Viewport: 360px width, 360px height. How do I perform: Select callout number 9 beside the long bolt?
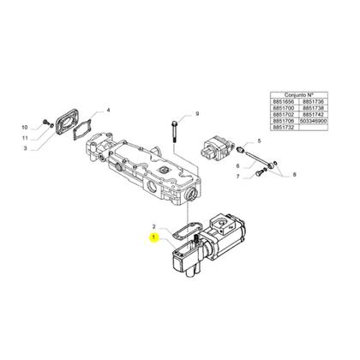point(196,114)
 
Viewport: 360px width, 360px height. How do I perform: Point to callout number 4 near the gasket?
point(109,110)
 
